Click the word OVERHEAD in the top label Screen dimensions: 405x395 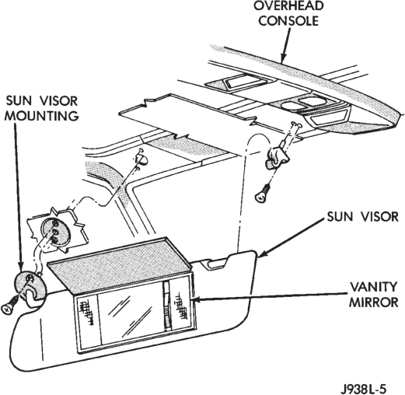pyautogui.click(x=288, y=6)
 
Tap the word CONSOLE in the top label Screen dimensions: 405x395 pyautogui.click(x=288, y=21)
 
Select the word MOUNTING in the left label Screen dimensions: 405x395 pyautogui.click(x=42, y=116)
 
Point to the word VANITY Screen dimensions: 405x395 pyautogui.click(x=374, y=287)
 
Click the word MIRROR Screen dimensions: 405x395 pyautogui.click(x=373, y=302)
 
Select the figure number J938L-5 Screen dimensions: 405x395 pyautogui.click(x=363, y=389)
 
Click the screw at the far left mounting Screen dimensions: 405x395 pyautogui.click(x=10, y=306)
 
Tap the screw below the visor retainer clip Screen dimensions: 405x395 pyautogui.click(x=263, y=193)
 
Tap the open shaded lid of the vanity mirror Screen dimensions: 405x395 pyautogui.click(x=120, y=264)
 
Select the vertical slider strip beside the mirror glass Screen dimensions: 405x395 pyautogui.click(x=167, y=306)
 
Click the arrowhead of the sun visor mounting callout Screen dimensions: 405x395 pyautogui.click(x=20, y=268)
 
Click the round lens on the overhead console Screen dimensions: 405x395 pyautogui.click(x=289, y=107)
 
